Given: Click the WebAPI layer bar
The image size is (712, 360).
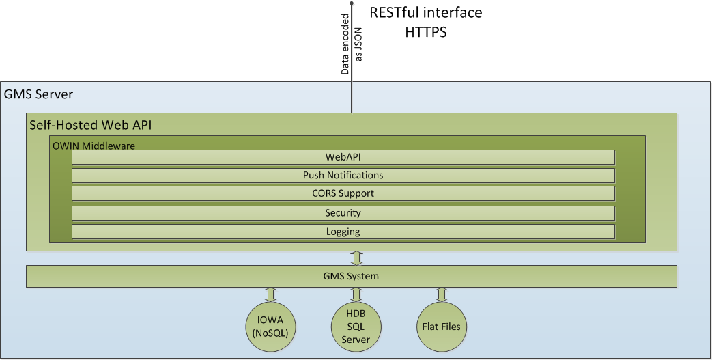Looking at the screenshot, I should coord(343,157).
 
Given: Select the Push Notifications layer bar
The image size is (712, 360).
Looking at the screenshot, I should coord(343,176).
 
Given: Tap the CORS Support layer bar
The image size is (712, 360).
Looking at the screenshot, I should coord(343,193).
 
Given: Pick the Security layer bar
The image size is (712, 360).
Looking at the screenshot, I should coord(343,213).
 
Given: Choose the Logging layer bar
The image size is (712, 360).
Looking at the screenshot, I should coord(343,232).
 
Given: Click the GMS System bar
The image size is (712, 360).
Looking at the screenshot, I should coord(351,277).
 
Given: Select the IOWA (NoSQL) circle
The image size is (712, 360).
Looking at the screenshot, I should coord(270,327).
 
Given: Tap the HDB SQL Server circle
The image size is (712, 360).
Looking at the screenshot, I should coord(356,327).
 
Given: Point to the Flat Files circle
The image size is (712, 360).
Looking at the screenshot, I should coord(441,327).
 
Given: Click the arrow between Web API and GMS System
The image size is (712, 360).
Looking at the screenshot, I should coord(356,258).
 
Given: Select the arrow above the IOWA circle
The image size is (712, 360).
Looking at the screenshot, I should coord(270,294).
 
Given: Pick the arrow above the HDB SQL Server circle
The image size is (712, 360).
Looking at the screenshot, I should coord(356,294).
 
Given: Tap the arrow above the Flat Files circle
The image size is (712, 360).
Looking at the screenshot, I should coord(441,294).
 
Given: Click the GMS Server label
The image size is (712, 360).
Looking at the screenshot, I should coord(39,94).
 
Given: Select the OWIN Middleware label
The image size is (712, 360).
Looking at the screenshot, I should coord(94,145).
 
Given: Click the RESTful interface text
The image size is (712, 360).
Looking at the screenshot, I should coord(425,13).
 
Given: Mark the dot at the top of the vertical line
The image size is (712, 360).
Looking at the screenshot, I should coord(352,4).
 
